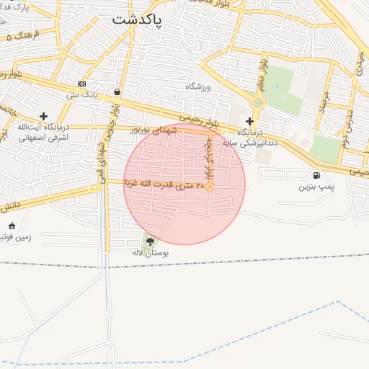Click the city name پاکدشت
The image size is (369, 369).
138,20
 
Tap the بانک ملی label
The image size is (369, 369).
81,94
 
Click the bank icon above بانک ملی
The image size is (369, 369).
81,84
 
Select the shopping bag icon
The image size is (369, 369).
117,92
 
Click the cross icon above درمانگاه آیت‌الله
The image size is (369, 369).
43,115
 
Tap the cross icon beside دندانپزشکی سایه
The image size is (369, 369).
249,122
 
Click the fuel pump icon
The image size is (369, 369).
316,175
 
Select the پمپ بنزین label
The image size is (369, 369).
316,187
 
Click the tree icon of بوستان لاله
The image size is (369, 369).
150,241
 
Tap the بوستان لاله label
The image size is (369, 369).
150,254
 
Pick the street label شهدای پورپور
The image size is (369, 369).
153,130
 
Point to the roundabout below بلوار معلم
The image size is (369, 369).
258,103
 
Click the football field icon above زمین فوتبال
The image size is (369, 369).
11,226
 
